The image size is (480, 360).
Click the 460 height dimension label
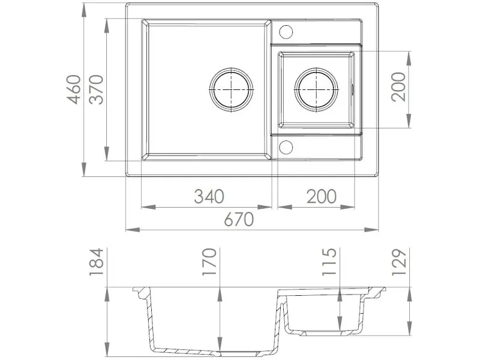point(74,89)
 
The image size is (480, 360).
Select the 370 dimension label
point(96,89)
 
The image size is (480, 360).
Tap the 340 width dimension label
point(209,196)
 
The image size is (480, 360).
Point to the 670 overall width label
point(239,219)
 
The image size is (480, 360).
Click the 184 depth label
point(96,262)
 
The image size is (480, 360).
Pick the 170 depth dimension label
point(209,262)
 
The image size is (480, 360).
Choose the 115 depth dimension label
point(329,262)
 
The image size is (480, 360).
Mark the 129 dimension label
point(399,262)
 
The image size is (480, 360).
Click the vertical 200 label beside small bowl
point(398,87)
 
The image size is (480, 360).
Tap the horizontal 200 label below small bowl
point(322,196)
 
